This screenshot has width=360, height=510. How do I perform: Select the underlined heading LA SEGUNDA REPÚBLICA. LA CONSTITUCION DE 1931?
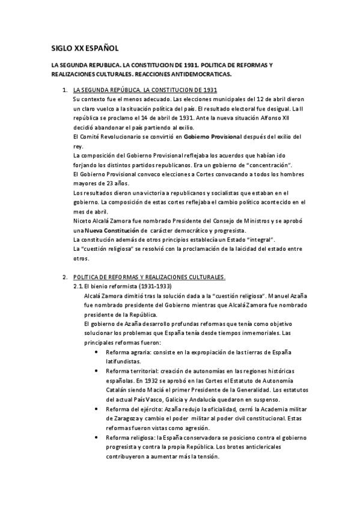pyautogui.click(x=144, y=89)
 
